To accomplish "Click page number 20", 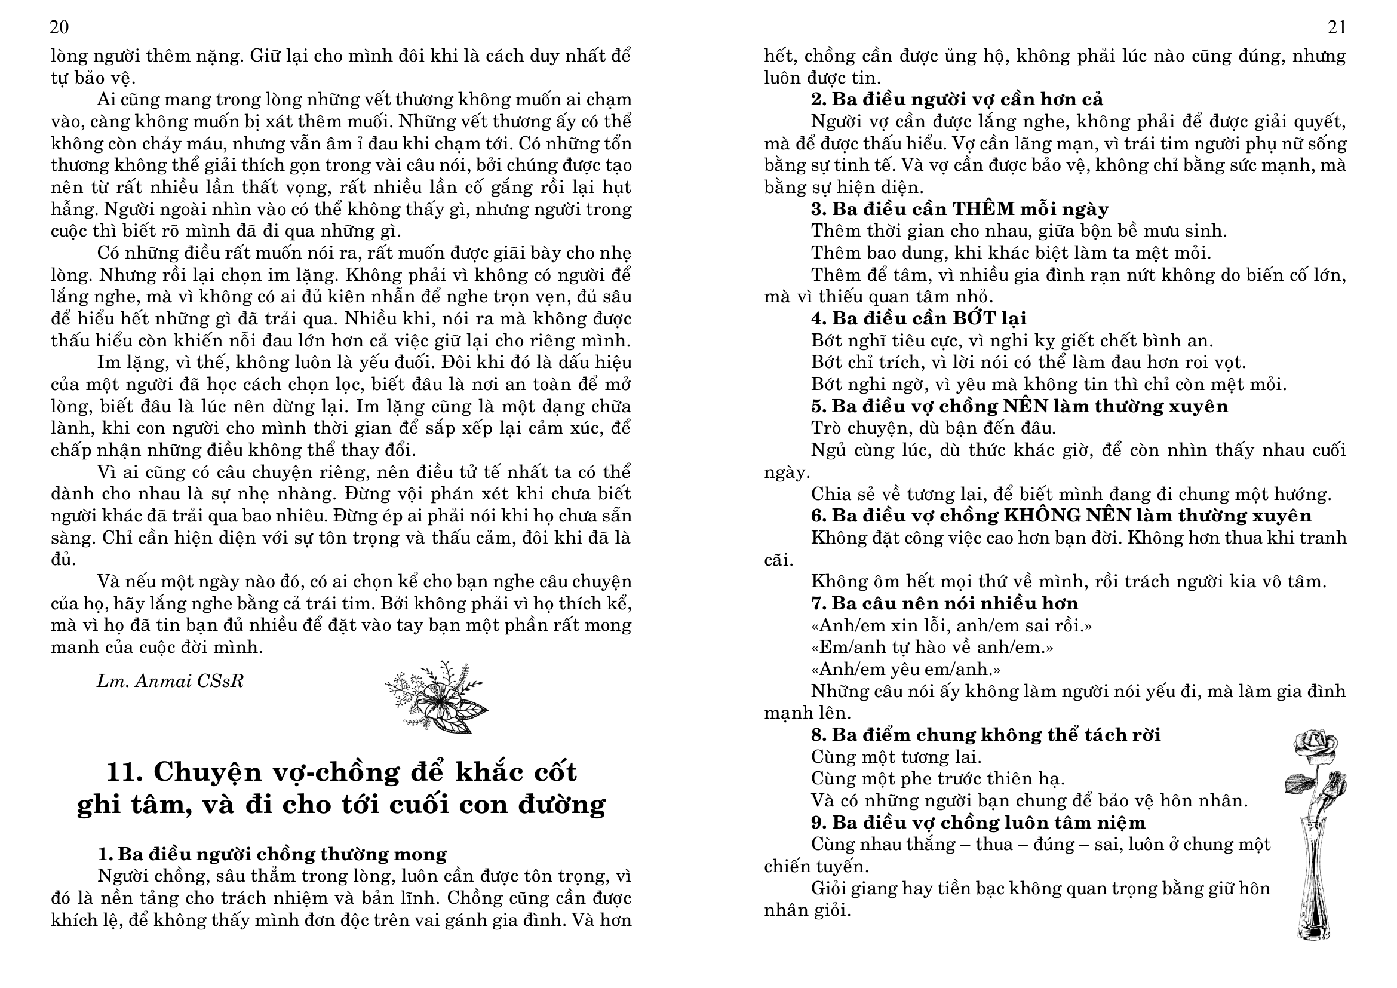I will coord(60,28).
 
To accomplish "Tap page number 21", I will coord(1336,28).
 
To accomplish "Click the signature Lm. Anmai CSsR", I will coord(170,682).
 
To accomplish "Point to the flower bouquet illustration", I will coord(436,696).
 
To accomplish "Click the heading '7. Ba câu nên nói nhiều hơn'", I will coord(944,603).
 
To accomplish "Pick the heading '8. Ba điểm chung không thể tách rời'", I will coord(985,735).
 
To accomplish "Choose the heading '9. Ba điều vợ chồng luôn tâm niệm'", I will coord(978,823).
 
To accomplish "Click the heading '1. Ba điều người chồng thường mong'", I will coord(272,854).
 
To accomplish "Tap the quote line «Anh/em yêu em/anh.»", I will coord(905,669).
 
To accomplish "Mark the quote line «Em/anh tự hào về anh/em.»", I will coord(932,648).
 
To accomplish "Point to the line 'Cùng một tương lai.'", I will coord(896,757).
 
